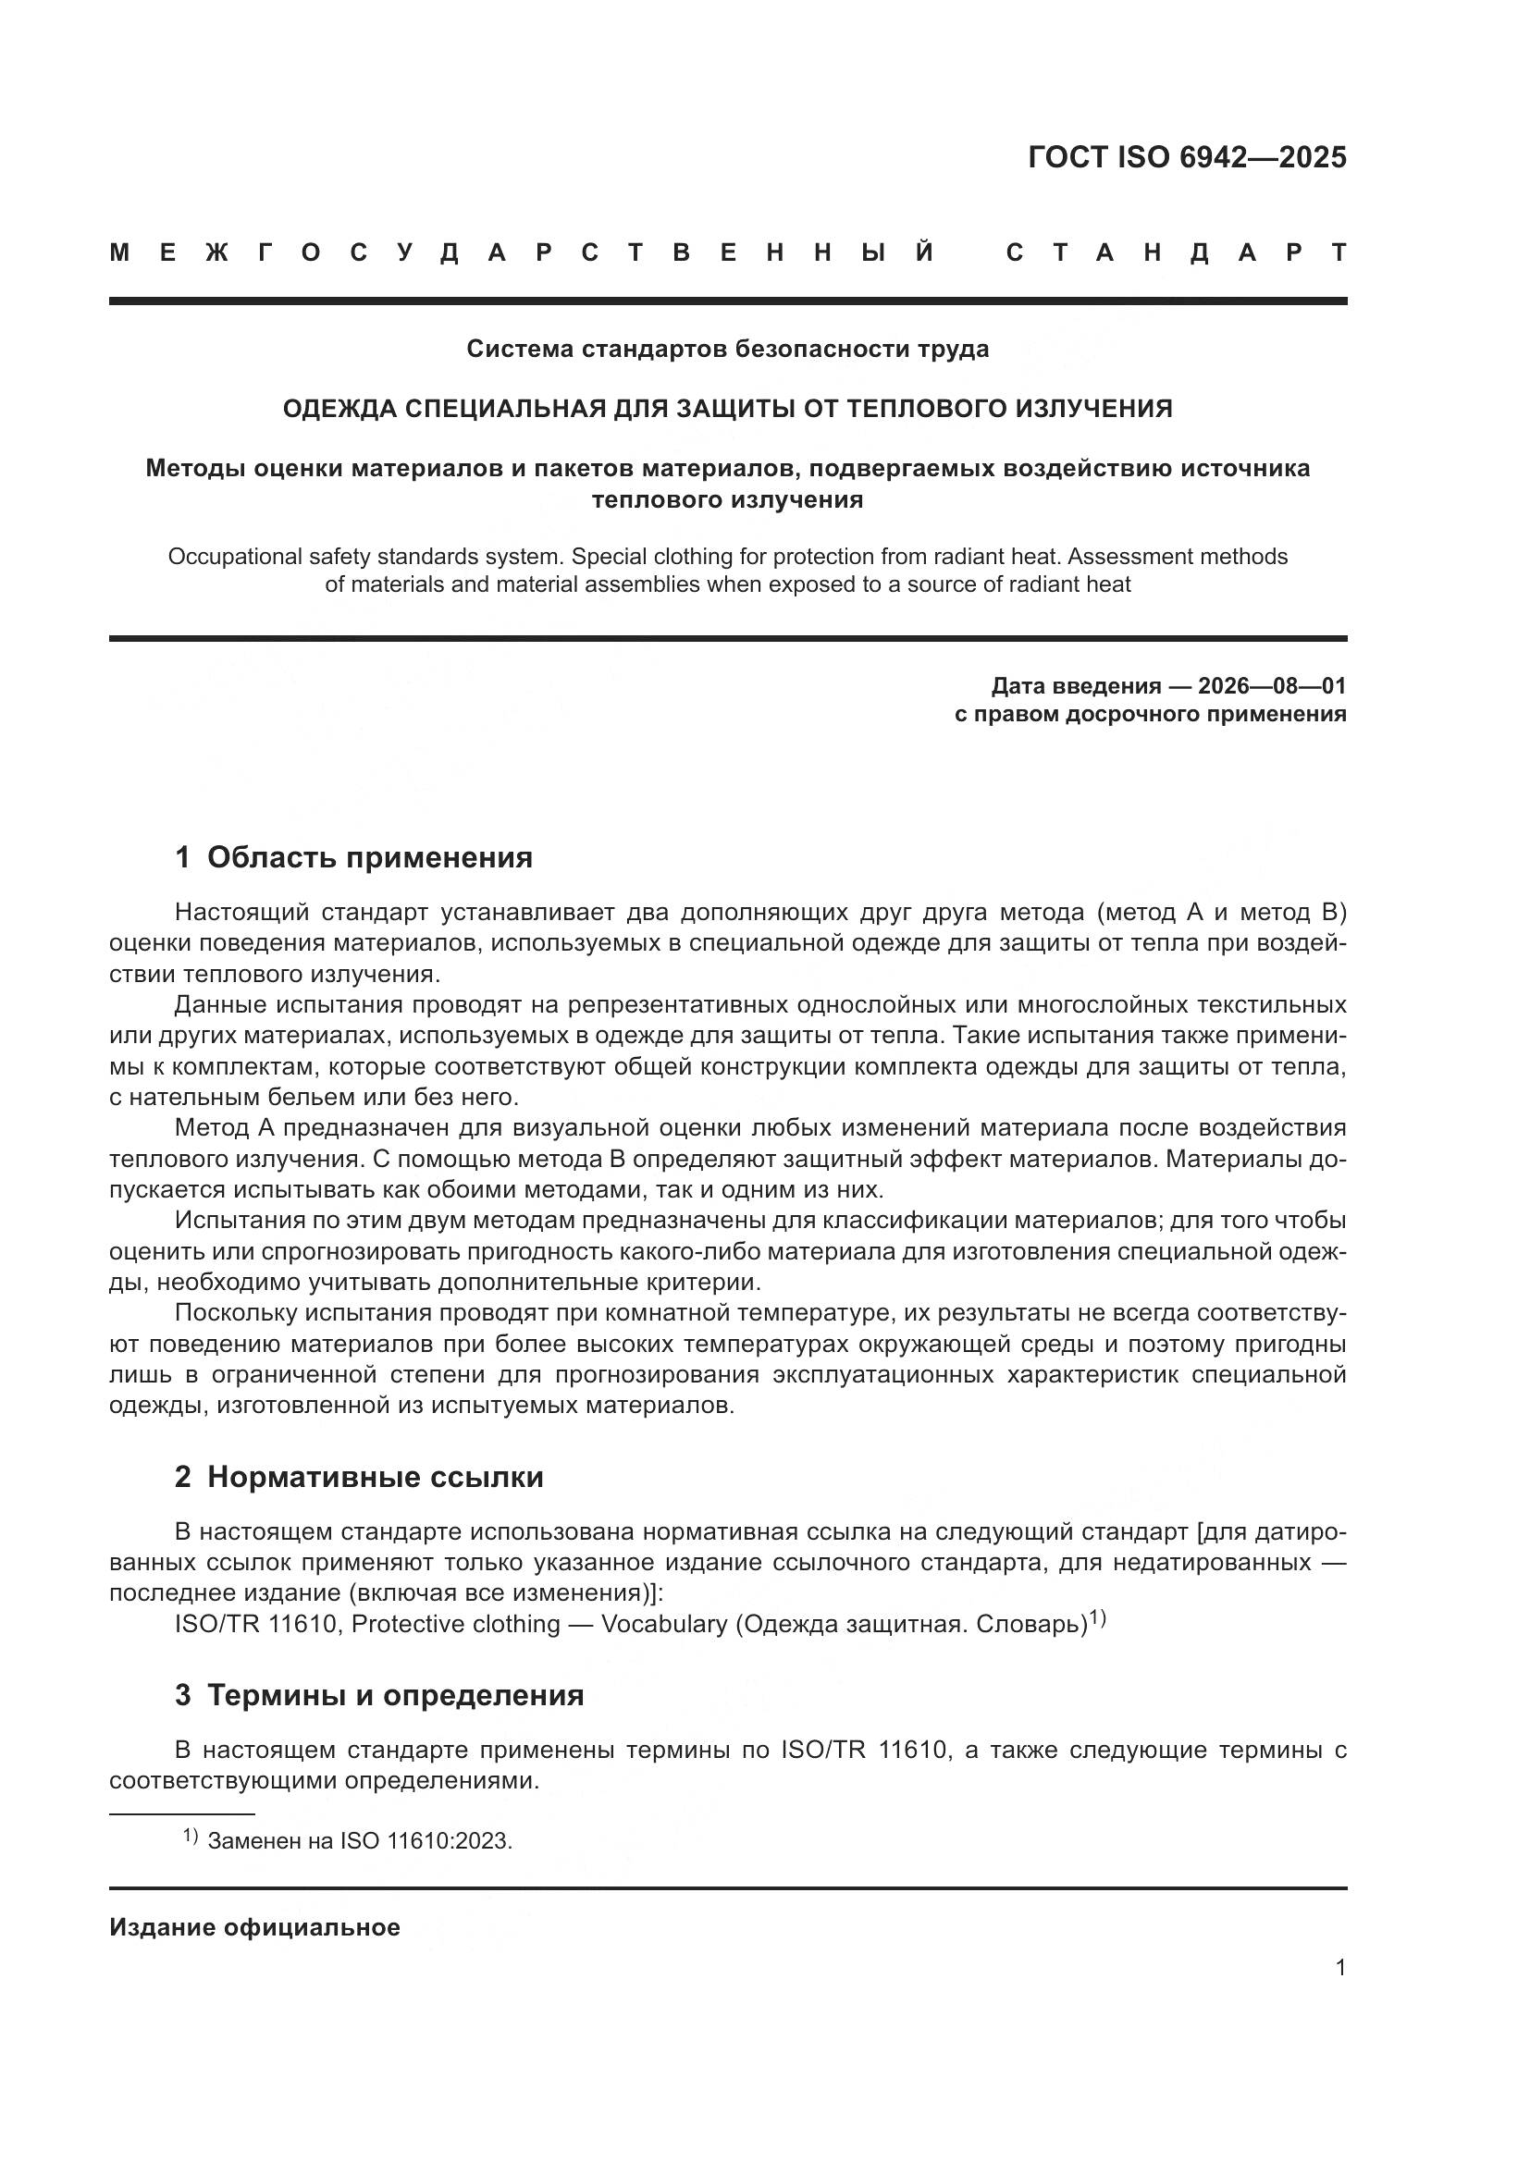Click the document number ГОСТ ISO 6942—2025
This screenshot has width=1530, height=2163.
[1187, 157]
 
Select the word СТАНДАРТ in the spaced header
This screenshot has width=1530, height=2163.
[1177, 252]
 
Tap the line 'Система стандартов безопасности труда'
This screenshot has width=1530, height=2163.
[727, 350]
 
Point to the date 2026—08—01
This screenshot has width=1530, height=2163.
[1272, 686]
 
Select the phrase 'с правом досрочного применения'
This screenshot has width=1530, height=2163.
[1151, 714]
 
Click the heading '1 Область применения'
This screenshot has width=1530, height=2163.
[353, 857]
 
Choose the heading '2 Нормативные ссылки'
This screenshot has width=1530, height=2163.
[359, 1477]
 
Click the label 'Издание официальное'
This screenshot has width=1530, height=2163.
[254, 1927]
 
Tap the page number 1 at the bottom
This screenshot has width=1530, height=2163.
[1340, 1967]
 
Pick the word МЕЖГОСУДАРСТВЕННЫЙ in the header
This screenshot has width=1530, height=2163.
[523, 252]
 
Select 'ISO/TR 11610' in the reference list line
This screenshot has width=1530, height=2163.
[256, 1624]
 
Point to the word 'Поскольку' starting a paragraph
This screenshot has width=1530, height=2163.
[234, 1313]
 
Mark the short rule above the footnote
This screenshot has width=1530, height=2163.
[182, 1814]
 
